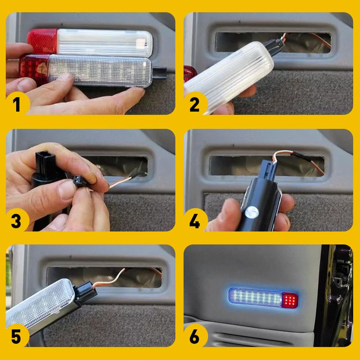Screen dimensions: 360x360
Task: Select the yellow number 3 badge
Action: (17, 221)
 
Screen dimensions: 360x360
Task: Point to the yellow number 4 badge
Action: (195, 221)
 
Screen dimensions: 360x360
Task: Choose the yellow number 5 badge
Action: (17, 337)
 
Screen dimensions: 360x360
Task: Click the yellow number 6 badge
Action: (195, 337)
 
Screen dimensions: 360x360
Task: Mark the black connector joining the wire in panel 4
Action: (269, 169)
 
